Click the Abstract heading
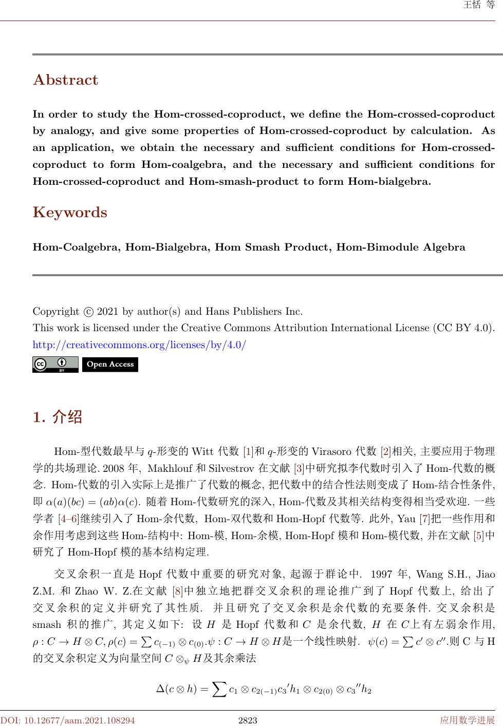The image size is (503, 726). [65, 80]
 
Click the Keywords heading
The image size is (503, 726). [70, 213]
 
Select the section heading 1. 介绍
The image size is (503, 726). [57, 417]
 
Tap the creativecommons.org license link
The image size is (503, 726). [139, 345]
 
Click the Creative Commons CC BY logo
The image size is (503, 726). [55, 365]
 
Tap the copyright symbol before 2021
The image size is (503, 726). [88, 312]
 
